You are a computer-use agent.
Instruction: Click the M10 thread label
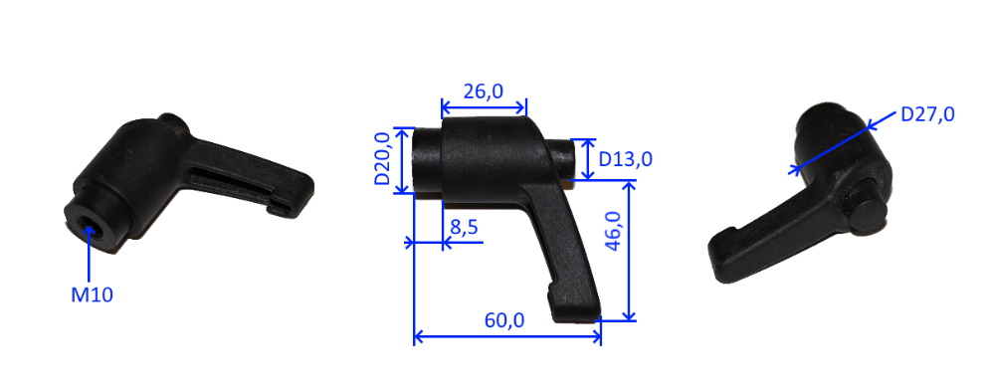coord(92,294)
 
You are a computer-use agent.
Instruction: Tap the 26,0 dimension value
coord(484,92)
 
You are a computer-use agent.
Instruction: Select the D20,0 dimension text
coord(382,158)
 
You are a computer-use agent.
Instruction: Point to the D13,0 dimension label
coord(625,160)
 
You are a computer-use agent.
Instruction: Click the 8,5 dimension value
coord(465,227)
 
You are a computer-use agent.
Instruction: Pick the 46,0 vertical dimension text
coord(614,231)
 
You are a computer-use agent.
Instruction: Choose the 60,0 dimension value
coord(504,320)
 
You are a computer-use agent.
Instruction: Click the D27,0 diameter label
coord(927,114)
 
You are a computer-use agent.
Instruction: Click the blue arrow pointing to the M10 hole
coord(90,254)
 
